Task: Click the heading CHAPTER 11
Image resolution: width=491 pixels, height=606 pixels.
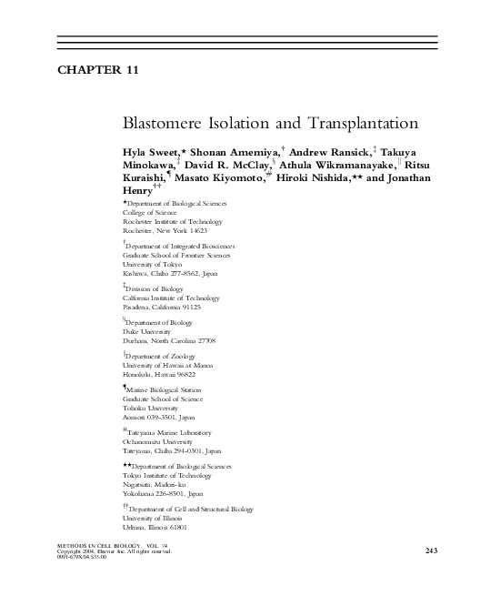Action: [98, 69]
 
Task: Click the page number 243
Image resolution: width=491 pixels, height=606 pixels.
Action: [431, 550]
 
